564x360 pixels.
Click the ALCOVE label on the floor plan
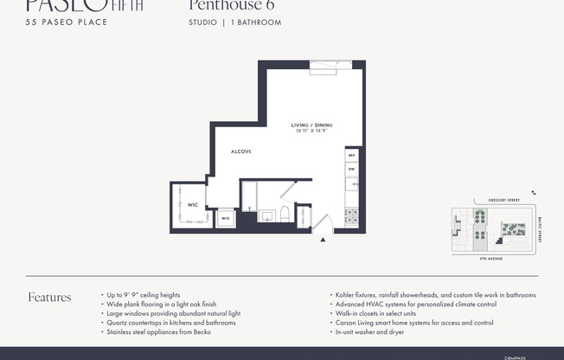[240, 151]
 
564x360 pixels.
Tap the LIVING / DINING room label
[311, 125]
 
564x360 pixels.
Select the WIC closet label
[193, 205]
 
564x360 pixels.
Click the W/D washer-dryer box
[225, 219]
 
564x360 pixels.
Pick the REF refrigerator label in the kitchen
[351, 156]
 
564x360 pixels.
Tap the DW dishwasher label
[351, 170]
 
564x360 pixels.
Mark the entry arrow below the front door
[323, 241]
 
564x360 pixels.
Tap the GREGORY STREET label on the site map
[503, 200]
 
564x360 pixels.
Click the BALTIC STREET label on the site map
[539, 228]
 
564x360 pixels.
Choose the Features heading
[49, 298]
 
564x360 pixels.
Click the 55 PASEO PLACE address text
[67, 22]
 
